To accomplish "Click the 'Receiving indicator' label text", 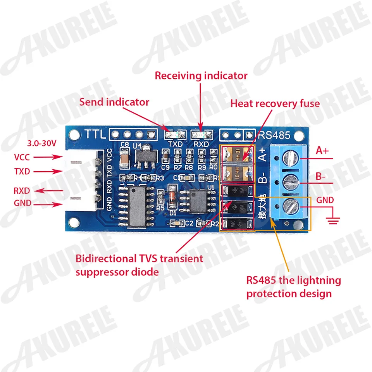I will pos(201,75).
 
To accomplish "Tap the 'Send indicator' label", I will pos(114,102).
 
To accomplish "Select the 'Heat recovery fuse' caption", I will pos(275,103).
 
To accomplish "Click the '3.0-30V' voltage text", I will pos(42,143).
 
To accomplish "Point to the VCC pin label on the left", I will pos(22,157).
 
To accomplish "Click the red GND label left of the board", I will pos(22,203).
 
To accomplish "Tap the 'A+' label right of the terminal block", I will pos(322,151).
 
